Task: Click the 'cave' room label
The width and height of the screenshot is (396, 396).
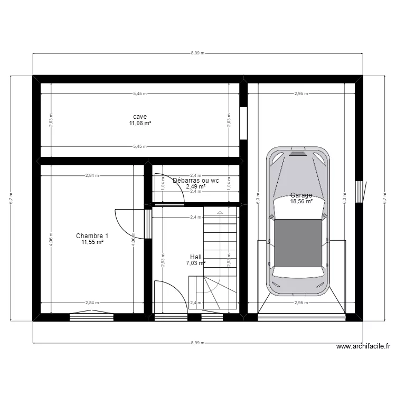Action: [x=140, y=117]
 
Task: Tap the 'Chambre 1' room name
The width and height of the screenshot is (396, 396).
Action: [x=92, y=236]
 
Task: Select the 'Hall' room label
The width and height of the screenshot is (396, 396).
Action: [x=196, y=257]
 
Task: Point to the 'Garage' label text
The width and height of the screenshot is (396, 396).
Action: [x=301, y=195]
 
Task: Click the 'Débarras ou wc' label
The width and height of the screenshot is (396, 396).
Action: [x=195, y=180]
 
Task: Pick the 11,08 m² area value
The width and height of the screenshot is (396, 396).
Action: [x=140, y=124]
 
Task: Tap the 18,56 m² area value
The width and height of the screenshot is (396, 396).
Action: [x=301, y=201]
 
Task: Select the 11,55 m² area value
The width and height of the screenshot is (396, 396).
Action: [x=92, y=242]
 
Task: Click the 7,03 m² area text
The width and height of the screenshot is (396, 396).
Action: [x=196, y=263]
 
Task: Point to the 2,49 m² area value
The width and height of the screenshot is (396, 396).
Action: [x=195, y=186]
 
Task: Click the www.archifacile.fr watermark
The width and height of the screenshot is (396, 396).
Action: [x=364, y=347]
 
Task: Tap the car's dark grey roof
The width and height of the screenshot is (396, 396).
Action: [x=298, y=242]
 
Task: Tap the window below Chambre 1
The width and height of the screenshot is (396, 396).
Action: [x=91, y=317]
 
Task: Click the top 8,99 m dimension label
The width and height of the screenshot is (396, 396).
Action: [x=197, y=53]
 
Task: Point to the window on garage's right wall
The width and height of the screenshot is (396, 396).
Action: [x=360, y=191]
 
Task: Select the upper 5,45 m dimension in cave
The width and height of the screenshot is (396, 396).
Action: [x=140, y=94]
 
